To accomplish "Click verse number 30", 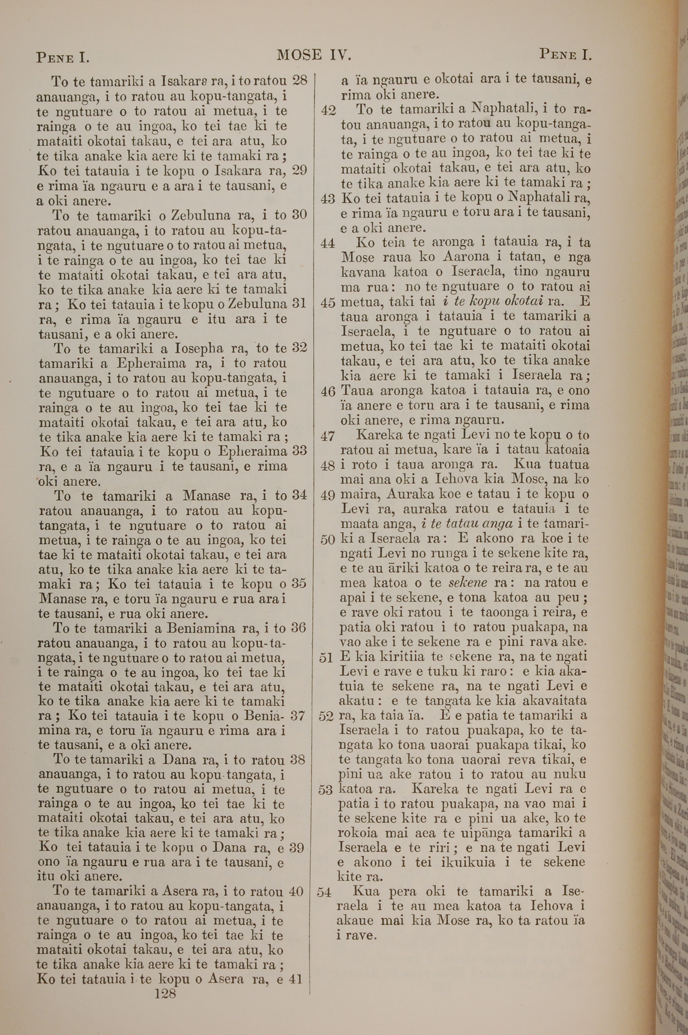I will point(299,215).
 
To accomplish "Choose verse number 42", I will point(328,110).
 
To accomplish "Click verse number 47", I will point(328,436).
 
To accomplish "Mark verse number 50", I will point(328,540).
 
